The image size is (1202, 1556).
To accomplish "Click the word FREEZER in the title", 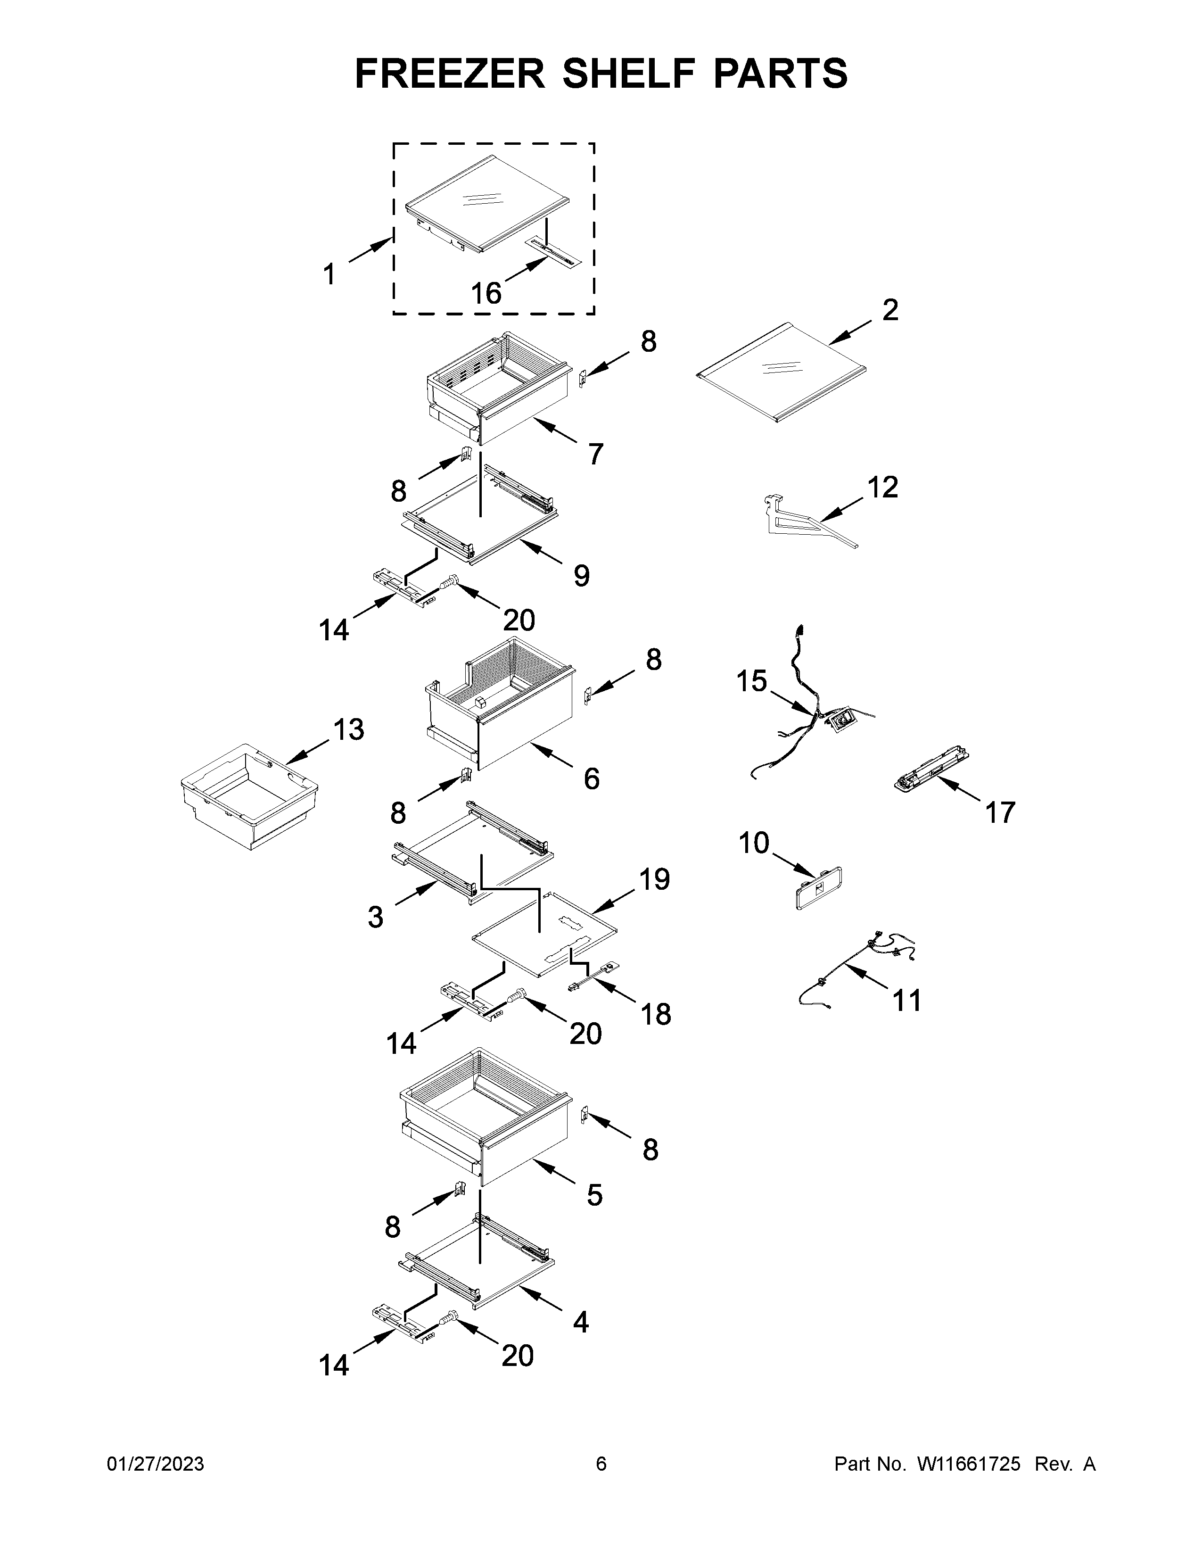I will click(x=449, y=74).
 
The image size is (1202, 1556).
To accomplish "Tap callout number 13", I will click(x=349, y=729).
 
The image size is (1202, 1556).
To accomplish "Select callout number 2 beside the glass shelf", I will click(x=890, y=310).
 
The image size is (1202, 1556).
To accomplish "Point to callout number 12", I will click(x=882, y=488).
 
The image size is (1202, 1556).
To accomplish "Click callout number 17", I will click(x=1000, y=812).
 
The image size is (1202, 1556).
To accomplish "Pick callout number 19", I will click(x=654, y=880).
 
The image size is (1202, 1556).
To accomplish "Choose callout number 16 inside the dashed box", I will click(x=486, y=293).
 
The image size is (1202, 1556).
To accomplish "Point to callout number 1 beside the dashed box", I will click(x=329, y=274).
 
